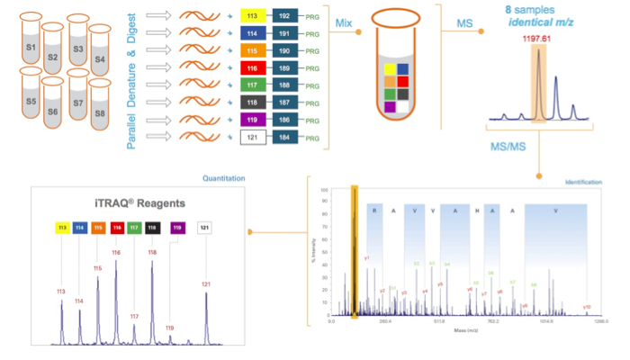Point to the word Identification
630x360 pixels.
point(584,183)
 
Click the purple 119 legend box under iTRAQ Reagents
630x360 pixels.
point(177,228)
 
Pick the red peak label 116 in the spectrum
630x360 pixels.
point(116,253)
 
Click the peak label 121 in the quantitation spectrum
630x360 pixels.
point(206,284)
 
